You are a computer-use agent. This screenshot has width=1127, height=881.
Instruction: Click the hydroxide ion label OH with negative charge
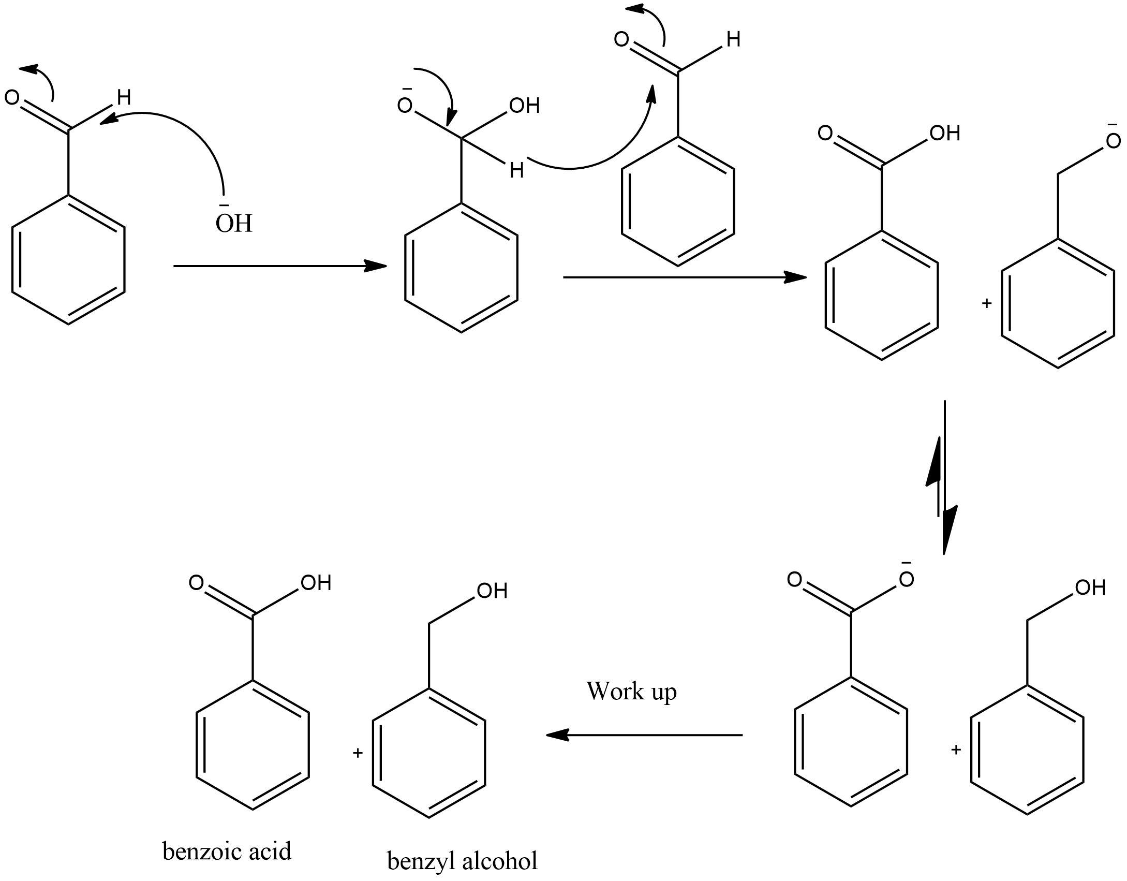click(234, 223)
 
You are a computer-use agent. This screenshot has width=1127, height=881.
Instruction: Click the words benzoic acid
click(227, 851)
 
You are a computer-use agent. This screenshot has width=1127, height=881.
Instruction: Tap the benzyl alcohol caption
click(462, 861)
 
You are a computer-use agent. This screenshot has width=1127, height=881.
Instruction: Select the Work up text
click(631, 692)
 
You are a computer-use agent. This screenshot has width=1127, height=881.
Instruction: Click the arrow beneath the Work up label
click(644, 735)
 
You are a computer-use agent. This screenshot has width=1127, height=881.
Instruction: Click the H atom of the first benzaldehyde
click(124, 97)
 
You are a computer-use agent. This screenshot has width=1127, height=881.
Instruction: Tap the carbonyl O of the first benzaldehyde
click(12, 97)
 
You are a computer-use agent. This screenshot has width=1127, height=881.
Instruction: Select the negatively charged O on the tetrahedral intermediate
click(405, 106)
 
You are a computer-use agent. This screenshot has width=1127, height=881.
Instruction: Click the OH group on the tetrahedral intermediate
click(524, 106)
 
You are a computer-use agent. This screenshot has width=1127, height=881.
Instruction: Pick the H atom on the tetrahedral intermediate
click(516, 170)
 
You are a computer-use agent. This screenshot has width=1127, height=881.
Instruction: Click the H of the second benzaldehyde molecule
click(733, 39)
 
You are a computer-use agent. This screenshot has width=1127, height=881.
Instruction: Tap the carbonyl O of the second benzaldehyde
click(621, 39)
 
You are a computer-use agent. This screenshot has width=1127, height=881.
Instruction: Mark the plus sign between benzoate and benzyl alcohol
click(956, 749)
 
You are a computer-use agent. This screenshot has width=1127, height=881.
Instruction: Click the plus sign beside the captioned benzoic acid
click(357, 752)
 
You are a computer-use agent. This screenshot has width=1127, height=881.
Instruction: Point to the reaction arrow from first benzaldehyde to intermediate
click(280, 266)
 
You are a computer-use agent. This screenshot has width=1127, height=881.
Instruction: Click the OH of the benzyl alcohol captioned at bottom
click(492, 591)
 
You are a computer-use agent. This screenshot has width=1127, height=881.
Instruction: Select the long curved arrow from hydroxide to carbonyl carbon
click(191, 135)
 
